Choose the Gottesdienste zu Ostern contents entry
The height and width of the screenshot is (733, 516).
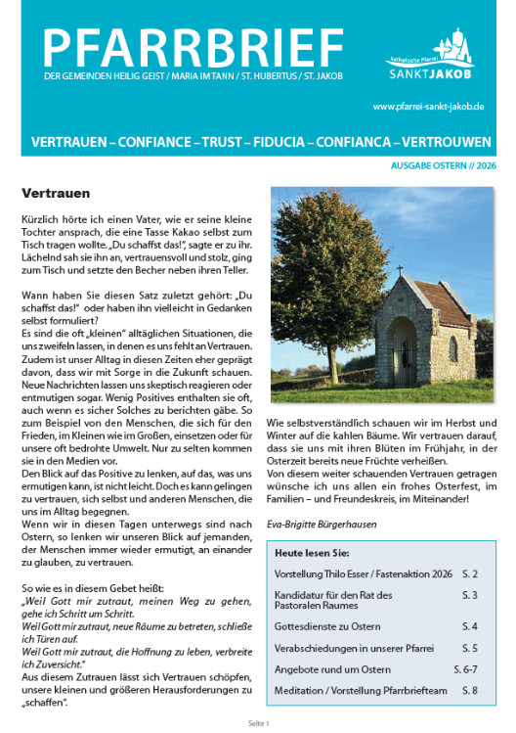(327, 624)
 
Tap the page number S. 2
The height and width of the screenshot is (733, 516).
(469, 571)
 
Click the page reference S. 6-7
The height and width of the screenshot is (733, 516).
(464, 669)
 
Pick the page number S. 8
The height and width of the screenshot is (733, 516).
(469, 692)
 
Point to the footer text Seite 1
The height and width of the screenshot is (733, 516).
(257, 722)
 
